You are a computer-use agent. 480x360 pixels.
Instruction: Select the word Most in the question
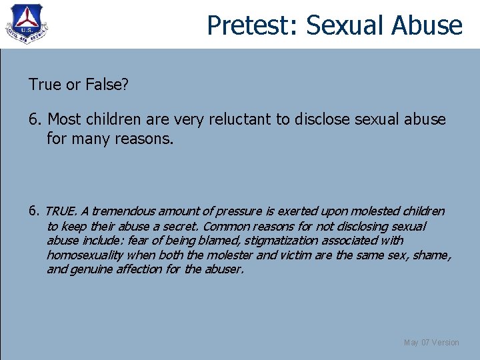coord(64,120)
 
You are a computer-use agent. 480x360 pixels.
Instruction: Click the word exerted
coord(299,211)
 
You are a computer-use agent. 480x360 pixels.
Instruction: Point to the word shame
coord(435,255)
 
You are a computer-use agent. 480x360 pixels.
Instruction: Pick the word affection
coord(138,270)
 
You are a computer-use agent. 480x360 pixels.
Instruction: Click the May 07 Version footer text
coord(431,343)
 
